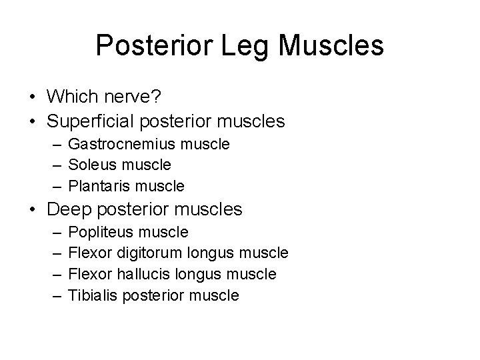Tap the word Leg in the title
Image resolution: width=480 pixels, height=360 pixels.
[x=251, y=45]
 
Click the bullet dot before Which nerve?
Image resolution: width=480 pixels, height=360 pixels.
[x=33, y=98]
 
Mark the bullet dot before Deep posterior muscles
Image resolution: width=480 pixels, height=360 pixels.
[x=33, y=210]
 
